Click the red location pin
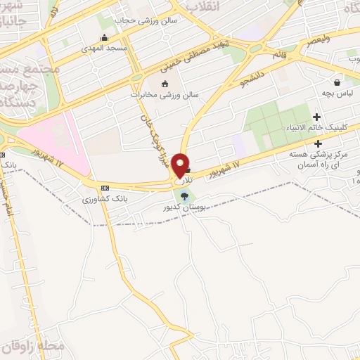[181, 165]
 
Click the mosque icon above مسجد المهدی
[104, 37]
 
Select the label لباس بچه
[338, 92]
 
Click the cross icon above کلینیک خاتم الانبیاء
[317, 117]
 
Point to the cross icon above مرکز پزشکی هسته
[318, 143]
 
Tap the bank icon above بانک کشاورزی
[105, 188]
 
